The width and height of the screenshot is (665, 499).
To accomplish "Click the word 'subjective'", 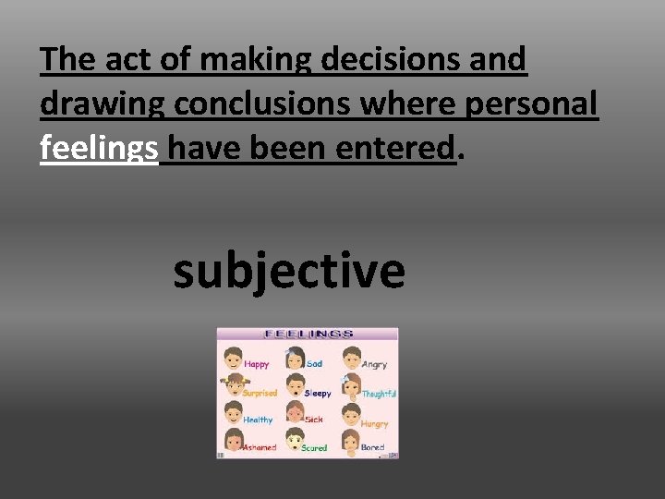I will tap(288, 272).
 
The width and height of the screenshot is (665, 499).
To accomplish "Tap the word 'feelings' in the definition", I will tap(99, 147).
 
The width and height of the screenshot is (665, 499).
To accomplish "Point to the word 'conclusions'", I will tap(261, 103).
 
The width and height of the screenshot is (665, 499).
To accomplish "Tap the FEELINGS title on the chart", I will tap(308, 335).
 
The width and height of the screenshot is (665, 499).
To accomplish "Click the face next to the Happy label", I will tap(232, 357).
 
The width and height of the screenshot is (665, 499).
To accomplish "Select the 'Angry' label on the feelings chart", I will tap(374, 364).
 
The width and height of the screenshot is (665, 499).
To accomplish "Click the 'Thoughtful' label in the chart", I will tap(379, 394).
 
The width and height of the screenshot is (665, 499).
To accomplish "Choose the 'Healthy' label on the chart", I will tap(258, 420).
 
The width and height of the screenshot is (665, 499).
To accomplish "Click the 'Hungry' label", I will tap(374, 423).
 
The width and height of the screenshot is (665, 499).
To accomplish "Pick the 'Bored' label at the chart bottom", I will tap(372, 447).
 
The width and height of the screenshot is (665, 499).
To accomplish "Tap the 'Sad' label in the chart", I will tap(314, 364).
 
